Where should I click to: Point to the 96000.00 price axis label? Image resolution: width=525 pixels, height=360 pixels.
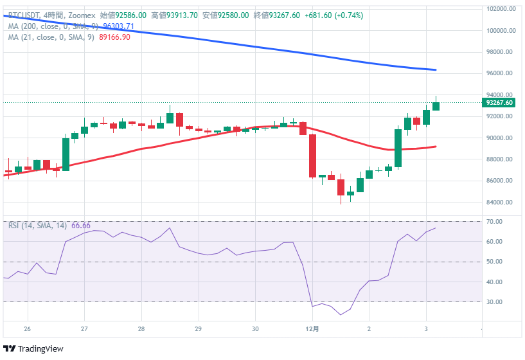501,73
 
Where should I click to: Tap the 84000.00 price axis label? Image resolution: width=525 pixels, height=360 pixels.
501,203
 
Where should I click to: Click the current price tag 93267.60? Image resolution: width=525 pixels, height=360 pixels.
499,102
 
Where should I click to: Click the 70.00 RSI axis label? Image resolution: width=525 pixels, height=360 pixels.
495,222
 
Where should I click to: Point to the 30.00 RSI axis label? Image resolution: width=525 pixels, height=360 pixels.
495,302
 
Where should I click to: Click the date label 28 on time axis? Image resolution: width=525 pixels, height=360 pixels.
141,329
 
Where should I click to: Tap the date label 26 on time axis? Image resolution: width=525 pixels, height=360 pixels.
27,329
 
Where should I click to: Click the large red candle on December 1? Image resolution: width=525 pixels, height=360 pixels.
312,156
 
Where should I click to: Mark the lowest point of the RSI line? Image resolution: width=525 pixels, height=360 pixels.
340,315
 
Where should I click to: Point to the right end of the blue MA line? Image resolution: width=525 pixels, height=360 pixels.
436,69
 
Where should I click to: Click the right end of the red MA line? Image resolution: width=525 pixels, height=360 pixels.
436,147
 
